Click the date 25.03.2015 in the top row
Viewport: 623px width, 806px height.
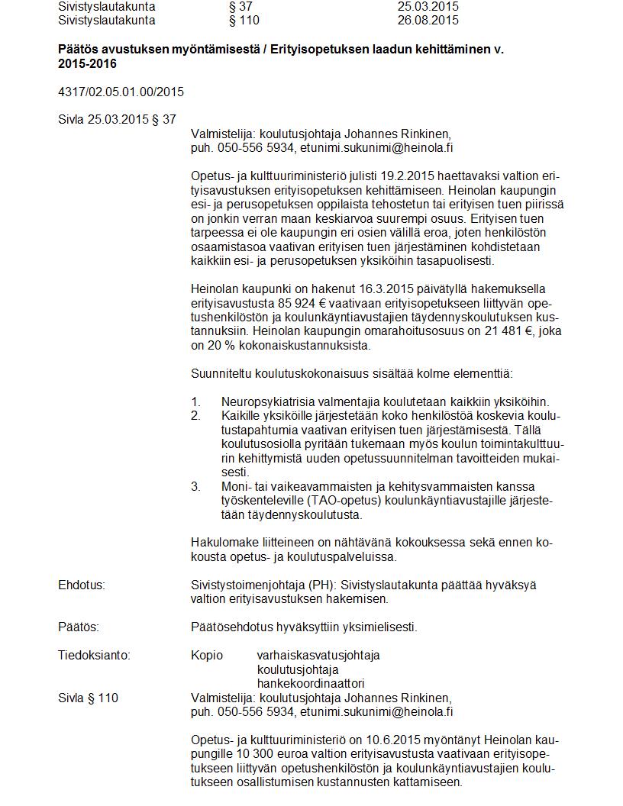click(428, 6)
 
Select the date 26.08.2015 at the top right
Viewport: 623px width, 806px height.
click(428, 21)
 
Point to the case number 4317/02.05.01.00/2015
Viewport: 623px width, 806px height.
click(121, 92)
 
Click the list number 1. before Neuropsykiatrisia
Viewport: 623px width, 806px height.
click(195, 402)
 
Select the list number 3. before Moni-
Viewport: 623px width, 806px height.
click(195, 487)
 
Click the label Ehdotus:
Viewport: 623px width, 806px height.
click(81, 585)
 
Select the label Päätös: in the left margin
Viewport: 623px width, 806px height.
click(79, 627)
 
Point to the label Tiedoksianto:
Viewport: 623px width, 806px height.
click(94, 655)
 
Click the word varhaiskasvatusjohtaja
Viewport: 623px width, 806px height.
click(318, 655)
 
